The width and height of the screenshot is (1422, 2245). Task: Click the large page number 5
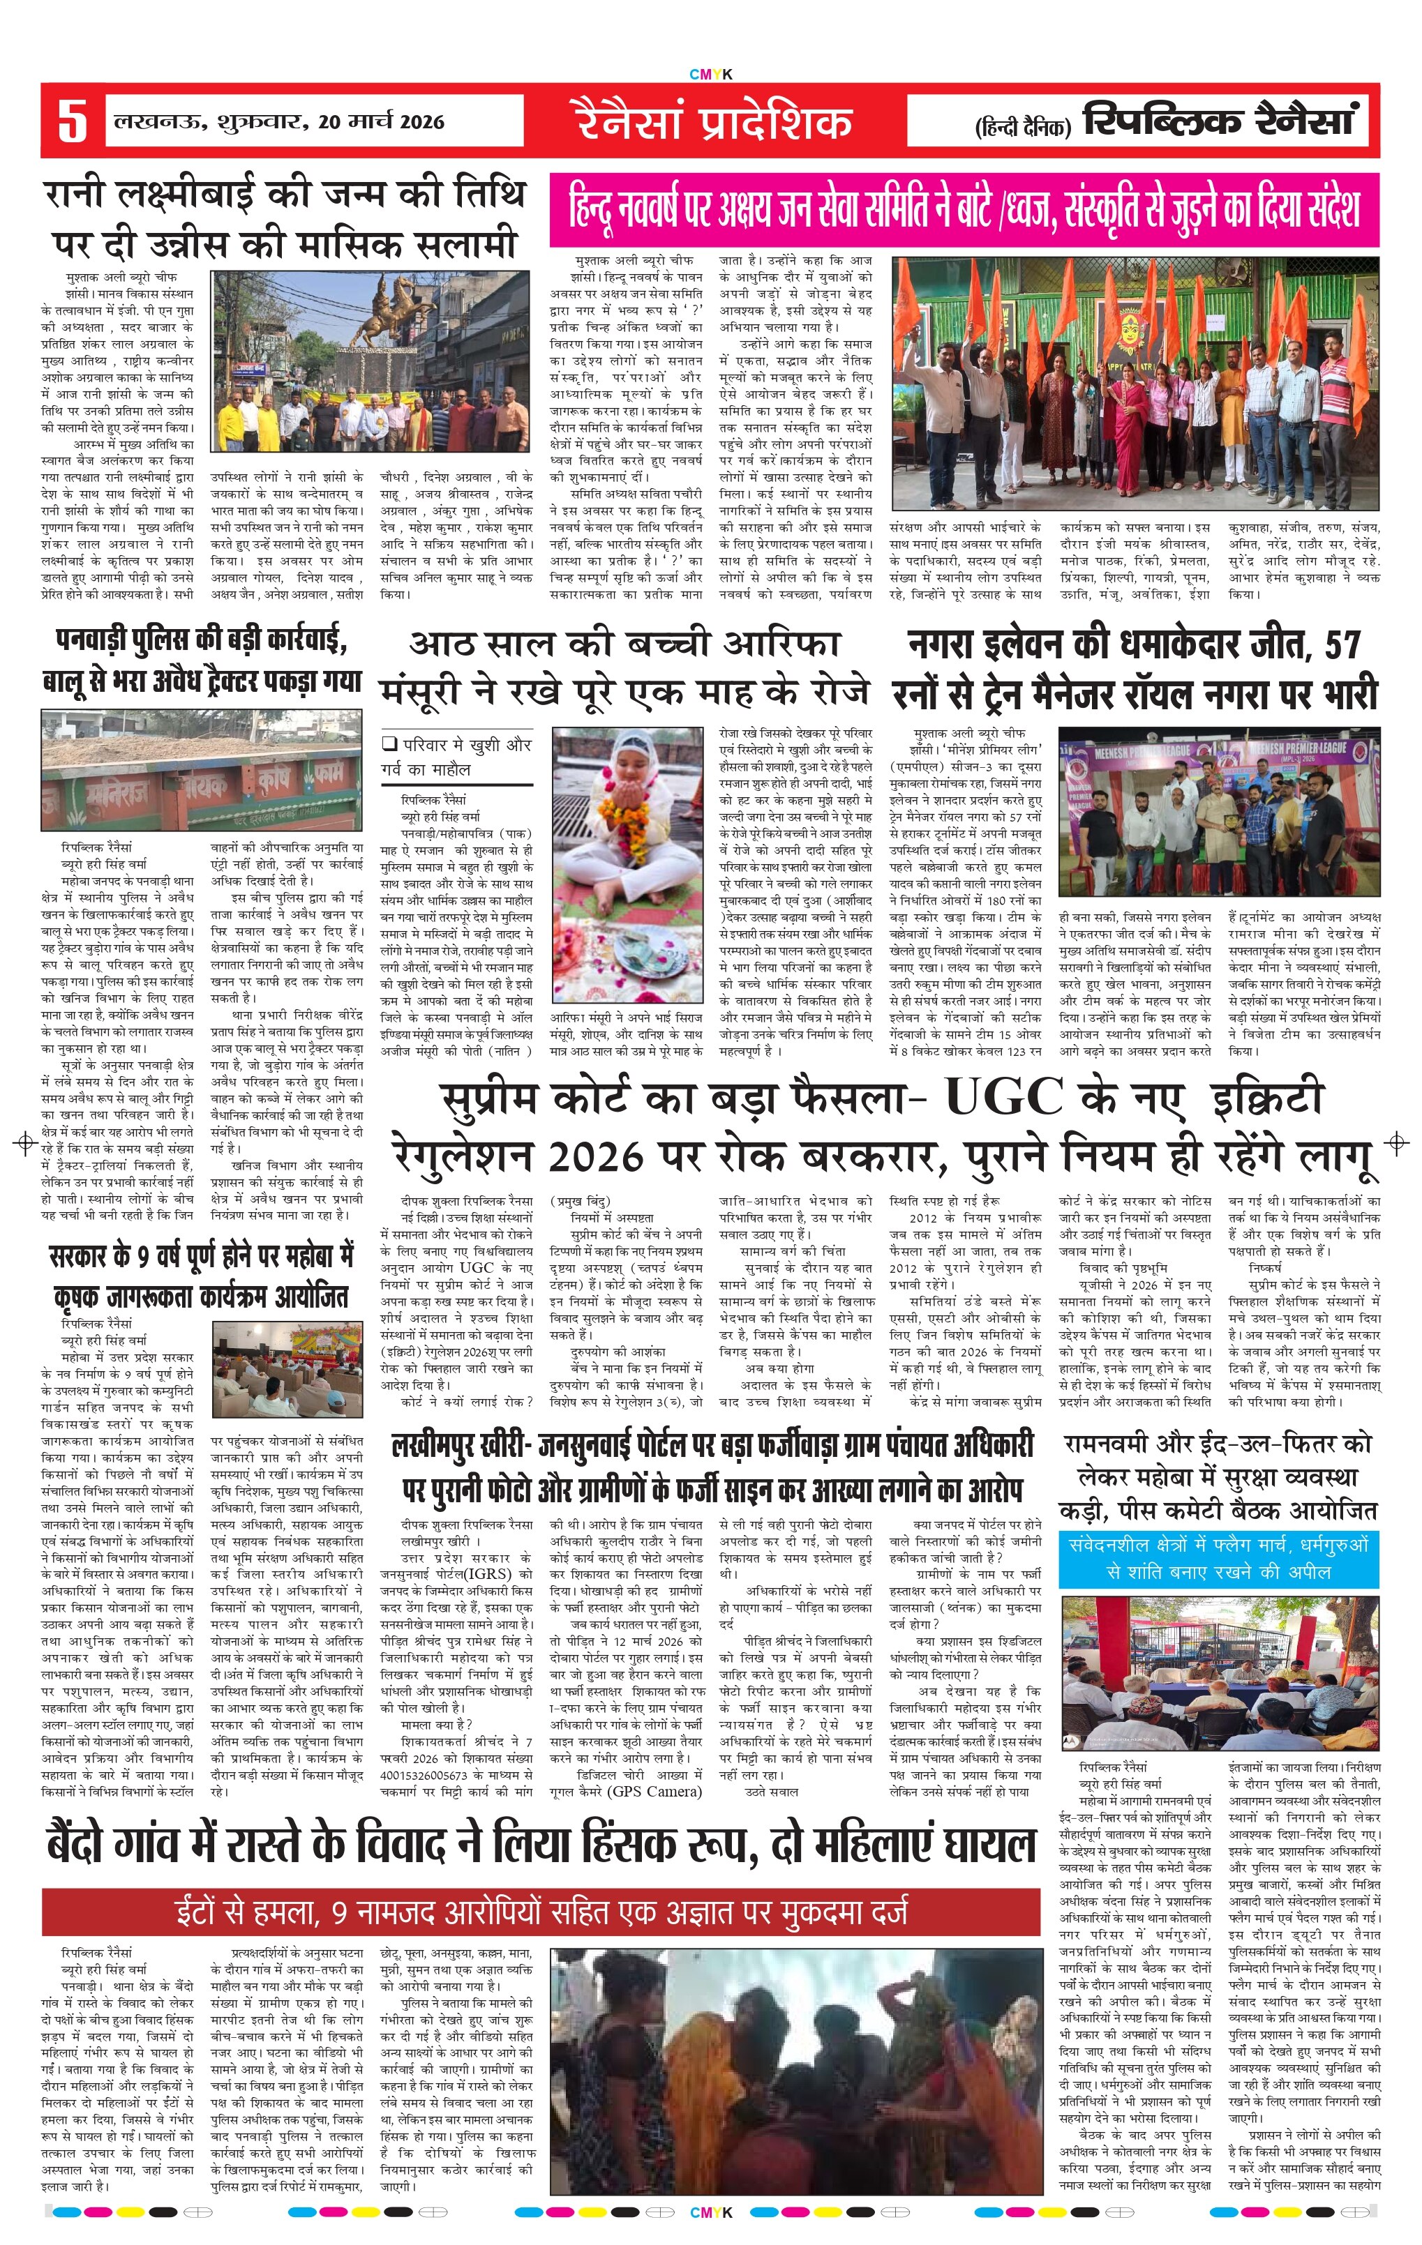72,122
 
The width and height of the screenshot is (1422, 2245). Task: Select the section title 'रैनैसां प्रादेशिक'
712,122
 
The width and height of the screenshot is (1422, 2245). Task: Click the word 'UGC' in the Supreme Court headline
1003,1096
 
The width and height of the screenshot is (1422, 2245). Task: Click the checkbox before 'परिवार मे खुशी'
390,744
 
